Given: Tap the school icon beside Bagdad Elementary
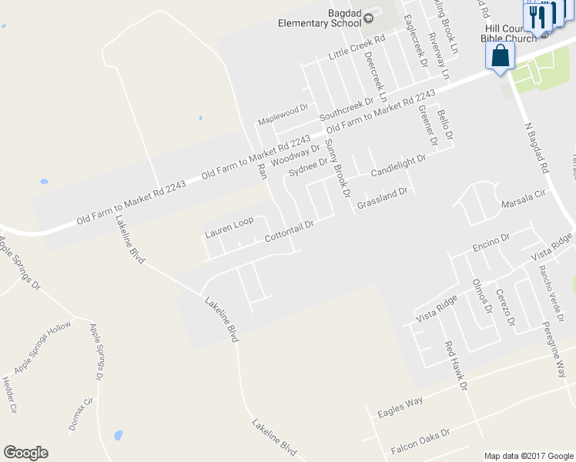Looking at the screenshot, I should pos(368,17).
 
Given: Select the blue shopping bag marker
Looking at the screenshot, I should pos(501,56).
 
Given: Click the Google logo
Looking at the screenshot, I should pos(25,453).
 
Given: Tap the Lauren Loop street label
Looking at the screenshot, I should pos(229,226).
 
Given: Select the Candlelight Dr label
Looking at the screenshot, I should pos(398,165).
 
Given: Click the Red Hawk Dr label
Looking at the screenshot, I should pos(456,366).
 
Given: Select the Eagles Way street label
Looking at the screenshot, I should pos(400,407).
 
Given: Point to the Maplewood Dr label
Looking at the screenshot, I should pos(283,116).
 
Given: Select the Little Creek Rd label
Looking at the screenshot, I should pos(356,47).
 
